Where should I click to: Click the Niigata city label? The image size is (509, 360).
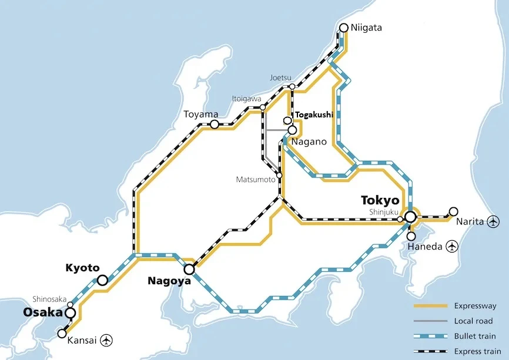pyautogui.click(x=366, y=28)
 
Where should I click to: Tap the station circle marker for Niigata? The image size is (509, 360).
pyautogui.click(x=344, y=28)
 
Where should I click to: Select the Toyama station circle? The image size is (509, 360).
pyautogui.click(x=215, y=125)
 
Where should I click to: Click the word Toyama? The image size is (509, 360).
pyautogui.click(x=200, y=114)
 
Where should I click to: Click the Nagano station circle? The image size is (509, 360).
pyautogui.click(x=292, y=130)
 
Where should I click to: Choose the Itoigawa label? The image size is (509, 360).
pyautogui.click(x=246, y=99)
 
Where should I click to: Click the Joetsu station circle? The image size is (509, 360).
pyautogui.click(x=292, y=87)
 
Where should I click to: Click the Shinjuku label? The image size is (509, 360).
pyautogui.click(x=383, y=212)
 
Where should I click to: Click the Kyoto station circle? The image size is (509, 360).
pyautogui.click(x=102, y=281)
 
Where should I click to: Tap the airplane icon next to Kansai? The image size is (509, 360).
pyautogui.click(x=106, y=339)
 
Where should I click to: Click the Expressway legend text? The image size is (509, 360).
pyautogui.click(x=475, y=306)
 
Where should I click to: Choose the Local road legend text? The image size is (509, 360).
pyautogui.click(x=473, y=321)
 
